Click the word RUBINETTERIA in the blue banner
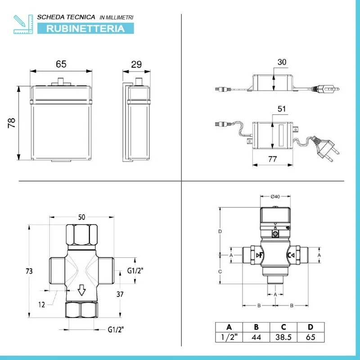[85, 28]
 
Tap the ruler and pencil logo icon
[23, 24]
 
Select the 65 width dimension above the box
[61, 64]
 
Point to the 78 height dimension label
[12, 123]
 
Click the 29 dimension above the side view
[136, 64]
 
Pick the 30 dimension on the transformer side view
[282, 62]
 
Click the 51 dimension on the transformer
[282, 108]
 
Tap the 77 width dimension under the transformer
[273, 159]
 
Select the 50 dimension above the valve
[82, 217]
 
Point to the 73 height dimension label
[29, 271]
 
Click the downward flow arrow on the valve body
[81, 290]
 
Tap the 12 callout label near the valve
[41, 305]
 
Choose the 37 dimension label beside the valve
[120, 294]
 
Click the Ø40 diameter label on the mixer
[275, 197]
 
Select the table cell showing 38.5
[283, 337]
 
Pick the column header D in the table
[310, 327]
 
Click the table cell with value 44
[256, 337]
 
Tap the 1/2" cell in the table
[229, 337]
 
